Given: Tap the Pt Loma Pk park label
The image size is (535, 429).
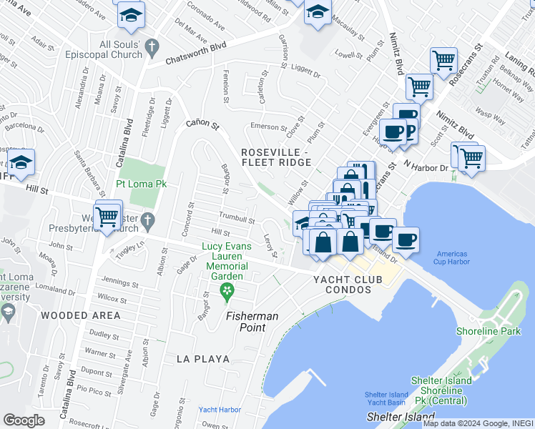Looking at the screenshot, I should point(142,184).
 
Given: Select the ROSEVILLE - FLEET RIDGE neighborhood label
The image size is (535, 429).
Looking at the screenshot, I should point(275,157).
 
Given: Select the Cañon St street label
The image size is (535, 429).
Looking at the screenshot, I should point(202,124).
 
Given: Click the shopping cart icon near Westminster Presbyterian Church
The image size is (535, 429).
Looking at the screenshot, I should point(107,215).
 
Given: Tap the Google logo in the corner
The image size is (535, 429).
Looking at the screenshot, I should point(24,420).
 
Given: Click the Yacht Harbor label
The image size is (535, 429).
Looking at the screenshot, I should point(220,410).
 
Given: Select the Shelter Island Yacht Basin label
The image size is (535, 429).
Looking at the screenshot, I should point(386,398).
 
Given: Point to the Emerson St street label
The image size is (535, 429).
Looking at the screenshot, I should point(267,127).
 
